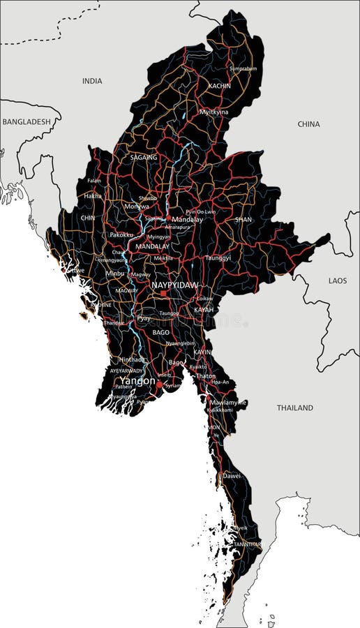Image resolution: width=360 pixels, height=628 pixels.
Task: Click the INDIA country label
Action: pos(92,81)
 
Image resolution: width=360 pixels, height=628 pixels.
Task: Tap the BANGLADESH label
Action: pos(27,121)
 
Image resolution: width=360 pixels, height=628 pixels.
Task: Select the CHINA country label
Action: pos(308,124)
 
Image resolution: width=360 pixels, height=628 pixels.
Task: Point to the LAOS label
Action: pos(338,280)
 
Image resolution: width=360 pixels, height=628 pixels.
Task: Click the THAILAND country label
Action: pos(295,408)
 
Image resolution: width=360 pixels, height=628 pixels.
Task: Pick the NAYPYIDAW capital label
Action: pos(175,285)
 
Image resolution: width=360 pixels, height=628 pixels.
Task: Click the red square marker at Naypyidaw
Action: pos(163,294)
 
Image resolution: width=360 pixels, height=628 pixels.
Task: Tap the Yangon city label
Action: pos(137,381)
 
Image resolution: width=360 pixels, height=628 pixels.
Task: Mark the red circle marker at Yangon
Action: pos(159,384)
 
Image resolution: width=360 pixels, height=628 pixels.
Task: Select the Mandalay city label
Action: pos(187,219)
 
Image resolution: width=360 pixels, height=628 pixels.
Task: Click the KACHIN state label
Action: pos(219,86)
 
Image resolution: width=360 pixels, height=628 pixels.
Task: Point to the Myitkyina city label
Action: pos(214,112)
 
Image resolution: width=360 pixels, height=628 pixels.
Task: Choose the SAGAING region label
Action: pos(144,158)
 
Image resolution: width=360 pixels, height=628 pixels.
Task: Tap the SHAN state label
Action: pos(243,219)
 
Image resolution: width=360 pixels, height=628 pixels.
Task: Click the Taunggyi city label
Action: pos(218,257)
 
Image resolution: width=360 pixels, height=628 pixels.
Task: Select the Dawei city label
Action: pos(232,476)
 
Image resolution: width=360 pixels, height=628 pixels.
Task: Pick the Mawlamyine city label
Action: pos(228,403)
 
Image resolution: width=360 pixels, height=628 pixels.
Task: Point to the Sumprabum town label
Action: pos(243,68)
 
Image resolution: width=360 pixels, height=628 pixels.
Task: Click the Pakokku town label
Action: pos(122,235)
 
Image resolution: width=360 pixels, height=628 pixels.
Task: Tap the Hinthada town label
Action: pos(132,359)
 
